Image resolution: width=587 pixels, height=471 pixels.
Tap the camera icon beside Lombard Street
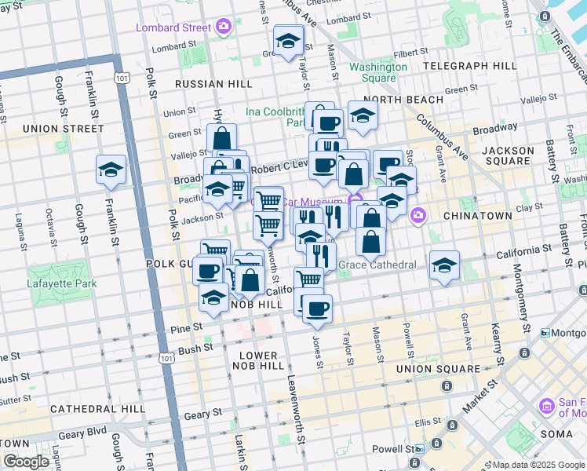click(224, 27)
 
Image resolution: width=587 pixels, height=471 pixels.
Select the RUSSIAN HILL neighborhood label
click(213, 84)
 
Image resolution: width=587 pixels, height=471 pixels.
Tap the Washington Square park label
click(378, 72)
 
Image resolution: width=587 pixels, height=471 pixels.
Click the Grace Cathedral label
click(377, 265)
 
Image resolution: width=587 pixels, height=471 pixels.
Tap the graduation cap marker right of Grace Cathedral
click(444, 265)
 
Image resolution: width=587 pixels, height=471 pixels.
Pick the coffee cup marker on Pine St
click(317, 309)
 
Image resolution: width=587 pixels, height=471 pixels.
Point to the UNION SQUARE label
click(438, 368)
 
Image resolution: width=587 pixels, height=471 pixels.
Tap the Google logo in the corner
click(27, 462)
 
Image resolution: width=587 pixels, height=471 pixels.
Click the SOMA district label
click(558, 433)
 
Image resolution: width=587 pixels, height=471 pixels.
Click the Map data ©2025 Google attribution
click(527, 465)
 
